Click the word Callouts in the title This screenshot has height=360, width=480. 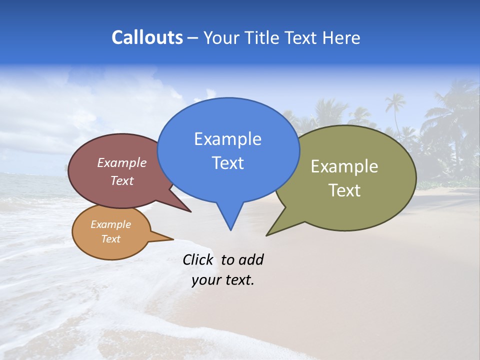tap(147, 37)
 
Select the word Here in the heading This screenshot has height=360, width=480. tap(341, 38)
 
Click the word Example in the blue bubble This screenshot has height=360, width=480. tap(227, 139)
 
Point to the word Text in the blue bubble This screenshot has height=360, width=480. tap(227, 163)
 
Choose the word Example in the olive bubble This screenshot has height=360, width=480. tap(344, 166)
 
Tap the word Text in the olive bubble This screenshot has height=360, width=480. tap(344, 190)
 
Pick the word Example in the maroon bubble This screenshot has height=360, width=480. tap(121, 162)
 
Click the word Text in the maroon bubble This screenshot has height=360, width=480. tap(121, 180)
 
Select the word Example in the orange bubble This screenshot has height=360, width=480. tap(110, 224)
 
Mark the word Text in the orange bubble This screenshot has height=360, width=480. tap(110, 239)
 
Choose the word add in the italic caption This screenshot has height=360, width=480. tap(250, 259)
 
